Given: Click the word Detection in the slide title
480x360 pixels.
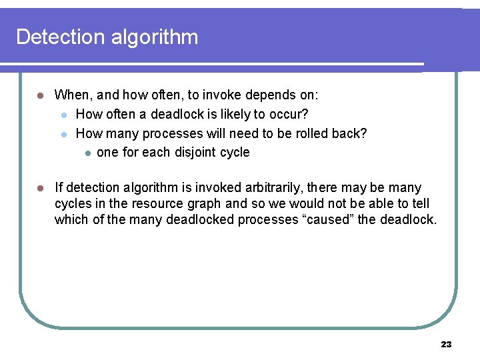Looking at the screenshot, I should coord(55,37).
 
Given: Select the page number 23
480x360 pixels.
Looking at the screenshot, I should coord(446,344).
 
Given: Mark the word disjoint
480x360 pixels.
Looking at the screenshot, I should coord(195,152).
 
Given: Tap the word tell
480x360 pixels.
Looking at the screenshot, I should coord(418,203).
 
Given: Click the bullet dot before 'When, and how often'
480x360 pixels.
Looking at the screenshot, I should coord(40,95).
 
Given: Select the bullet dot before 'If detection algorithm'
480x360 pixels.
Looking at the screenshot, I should coord(40,189).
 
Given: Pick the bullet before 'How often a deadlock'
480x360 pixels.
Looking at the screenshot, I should coord(63,115).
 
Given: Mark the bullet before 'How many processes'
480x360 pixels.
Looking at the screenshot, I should coord(63,134).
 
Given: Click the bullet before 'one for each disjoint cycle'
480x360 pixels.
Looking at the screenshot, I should coord(87,153).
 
